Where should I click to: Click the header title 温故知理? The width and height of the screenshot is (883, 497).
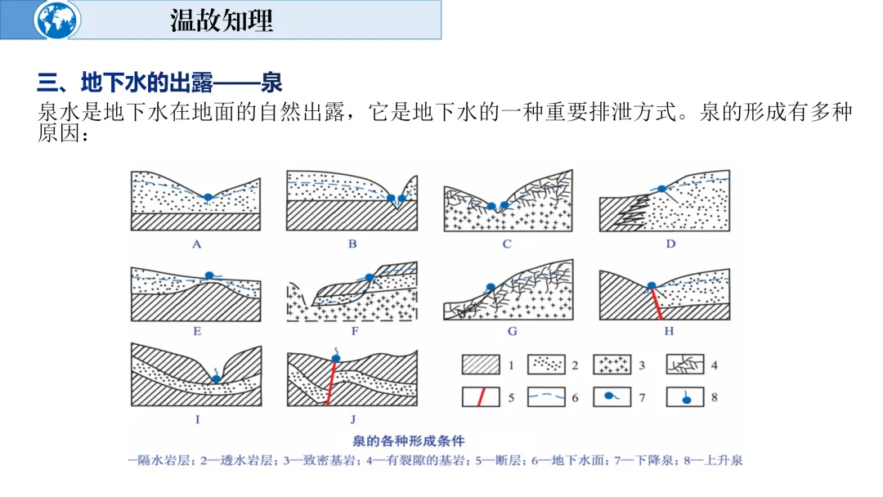pyautogui.click(x=222, y=20)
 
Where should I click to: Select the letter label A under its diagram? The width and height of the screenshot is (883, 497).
pyautogui.click(x=196, y=244)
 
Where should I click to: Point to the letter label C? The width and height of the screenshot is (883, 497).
pyautogui.click(x=507, y=244)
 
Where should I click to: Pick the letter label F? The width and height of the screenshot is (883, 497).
pyautogui.click(x=354, y=331)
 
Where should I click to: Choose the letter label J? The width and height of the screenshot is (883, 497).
pyautogui.click(x=352, y=420)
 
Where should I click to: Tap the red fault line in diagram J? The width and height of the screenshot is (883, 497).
pyautogui.click(x=332, y=383)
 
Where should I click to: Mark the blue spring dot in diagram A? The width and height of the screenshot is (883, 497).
pyautogui.click(x=208, y=197)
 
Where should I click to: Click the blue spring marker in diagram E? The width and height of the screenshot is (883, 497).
pyautogui.click(x=210, y=275)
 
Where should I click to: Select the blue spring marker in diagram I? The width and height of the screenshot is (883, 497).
pyautogui.click(x=217, y=378)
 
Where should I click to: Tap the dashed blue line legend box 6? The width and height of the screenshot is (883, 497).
pyautogui.click(x=547, y=398)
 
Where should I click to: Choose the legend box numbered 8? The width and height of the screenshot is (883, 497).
pyautogui.click(x=686, y=398)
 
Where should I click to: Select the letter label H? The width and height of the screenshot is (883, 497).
pyautogui.click(x=669, y=331)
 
